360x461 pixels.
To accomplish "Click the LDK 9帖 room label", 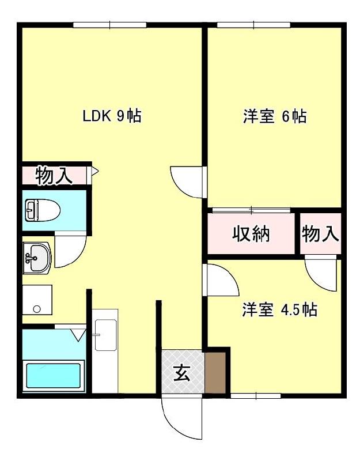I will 112,116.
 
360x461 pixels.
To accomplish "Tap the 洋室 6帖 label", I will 274,116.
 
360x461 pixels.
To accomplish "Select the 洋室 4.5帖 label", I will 279,310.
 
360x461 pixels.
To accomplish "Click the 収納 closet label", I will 251,234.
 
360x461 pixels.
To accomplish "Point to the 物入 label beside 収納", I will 320,234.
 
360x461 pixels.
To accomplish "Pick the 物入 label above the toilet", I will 55,176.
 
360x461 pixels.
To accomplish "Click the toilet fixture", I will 42,210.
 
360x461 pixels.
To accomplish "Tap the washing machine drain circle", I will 37,309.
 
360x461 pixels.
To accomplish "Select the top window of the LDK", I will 110,25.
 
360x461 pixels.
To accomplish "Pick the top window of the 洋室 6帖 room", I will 253,25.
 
